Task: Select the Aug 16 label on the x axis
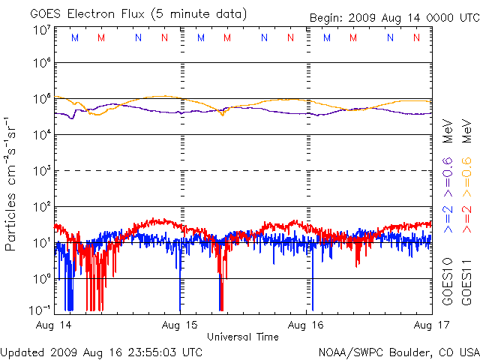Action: (x=305, y=325)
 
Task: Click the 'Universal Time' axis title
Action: (x=243, y=337)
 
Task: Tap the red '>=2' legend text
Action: (x=466, y=215)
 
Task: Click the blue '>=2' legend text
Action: (x=448, y=215)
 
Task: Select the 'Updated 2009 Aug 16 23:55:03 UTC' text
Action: (x=101, y=351)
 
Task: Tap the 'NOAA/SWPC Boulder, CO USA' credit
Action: (x=398, y=351)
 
